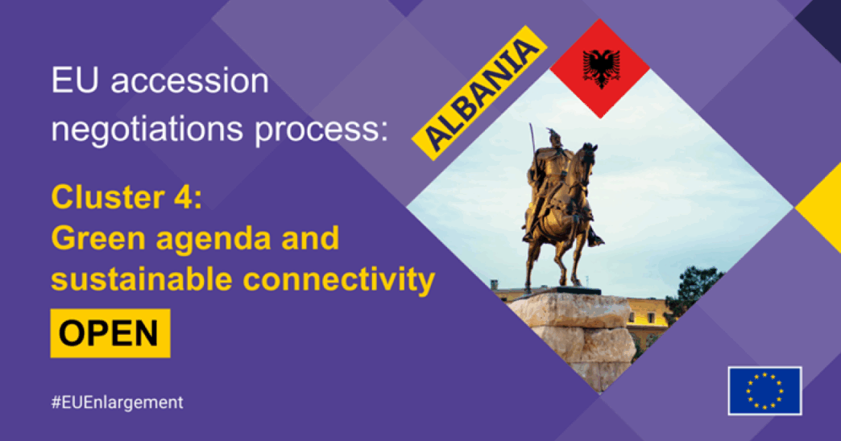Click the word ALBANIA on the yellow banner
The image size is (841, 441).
point(480,93)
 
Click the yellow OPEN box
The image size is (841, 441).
point(110,332)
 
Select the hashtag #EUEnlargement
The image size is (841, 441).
point(117,402)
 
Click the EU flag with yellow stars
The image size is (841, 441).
point(764,390)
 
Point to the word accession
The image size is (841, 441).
point(189,81)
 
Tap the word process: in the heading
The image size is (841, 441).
point(321,130)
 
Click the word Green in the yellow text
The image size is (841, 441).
point(98,238)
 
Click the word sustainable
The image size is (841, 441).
point(142,278)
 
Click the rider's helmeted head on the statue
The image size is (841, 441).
point(553,138)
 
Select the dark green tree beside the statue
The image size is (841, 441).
point(694,290)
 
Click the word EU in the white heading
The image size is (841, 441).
point(75,81)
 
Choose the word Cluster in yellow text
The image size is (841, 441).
point(108,197)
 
